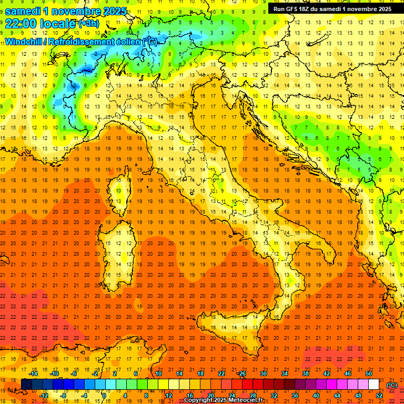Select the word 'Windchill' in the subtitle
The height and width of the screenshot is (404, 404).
click(25, 41)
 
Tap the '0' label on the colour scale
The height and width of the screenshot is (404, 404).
click(104, 396)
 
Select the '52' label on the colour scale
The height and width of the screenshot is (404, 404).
click(379, 396)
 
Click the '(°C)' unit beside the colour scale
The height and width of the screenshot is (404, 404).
click(392, 385)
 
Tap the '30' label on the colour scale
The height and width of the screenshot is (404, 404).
click(263, 373)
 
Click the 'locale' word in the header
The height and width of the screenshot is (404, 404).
click(60, 24)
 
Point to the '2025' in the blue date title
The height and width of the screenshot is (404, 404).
click(115, 11)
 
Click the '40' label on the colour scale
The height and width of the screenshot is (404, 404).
click(316, 396)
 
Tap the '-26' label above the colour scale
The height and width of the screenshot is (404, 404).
click(241, 373)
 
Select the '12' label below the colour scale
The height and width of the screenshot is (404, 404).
click(168, 396)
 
